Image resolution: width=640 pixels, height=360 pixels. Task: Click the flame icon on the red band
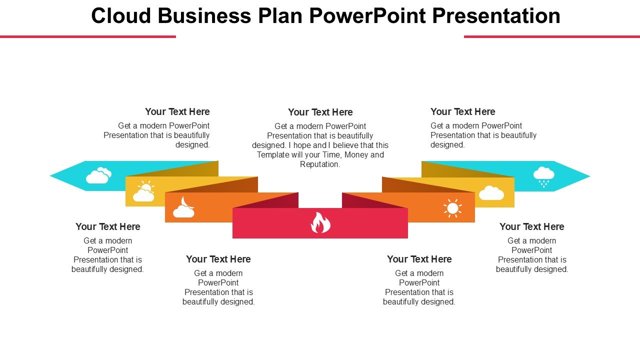(x=320, y=223)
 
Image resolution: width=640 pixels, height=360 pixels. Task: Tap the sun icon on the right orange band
(x=452, y=208)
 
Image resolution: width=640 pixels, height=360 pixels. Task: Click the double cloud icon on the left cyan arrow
(x=98, y=175)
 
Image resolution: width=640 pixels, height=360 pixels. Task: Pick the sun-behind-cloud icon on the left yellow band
(x=144, y=192)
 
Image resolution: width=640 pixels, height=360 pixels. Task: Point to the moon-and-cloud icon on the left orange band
(x=183, y=207)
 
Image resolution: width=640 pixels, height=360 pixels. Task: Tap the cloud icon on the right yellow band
(x=491, y=193)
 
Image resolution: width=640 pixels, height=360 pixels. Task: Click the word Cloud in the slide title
(x=121, y=16)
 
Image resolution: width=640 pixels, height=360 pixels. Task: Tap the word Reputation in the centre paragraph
(x=320, y=164)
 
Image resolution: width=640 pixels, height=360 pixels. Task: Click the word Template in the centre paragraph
(x=274, y=154)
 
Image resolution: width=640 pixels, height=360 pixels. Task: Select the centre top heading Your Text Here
(x=320, y=112)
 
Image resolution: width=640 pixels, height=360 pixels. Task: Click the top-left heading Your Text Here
(x=177, y=111)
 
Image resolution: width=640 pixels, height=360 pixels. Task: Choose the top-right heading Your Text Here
(x=463, y=111)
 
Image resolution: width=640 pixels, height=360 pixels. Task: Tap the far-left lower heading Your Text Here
(x=108, y=226)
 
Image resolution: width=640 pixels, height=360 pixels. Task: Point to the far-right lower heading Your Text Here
(x=532, y=226)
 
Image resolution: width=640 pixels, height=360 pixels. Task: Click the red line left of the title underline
(x=88, y=36)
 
